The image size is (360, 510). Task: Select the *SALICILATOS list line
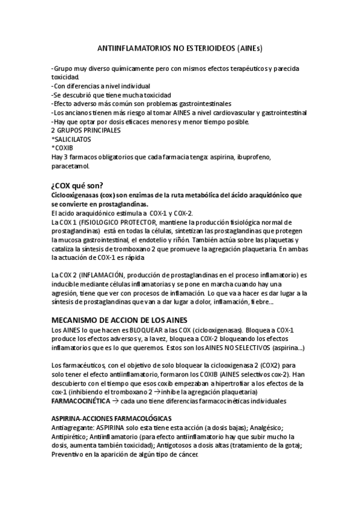pos(72,138)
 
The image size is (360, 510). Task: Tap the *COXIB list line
pos(63,147)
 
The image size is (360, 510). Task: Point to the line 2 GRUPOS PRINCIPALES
pos(86,130)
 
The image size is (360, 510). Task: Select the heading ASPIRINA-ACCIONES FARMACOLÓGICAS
pos(112,418)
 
